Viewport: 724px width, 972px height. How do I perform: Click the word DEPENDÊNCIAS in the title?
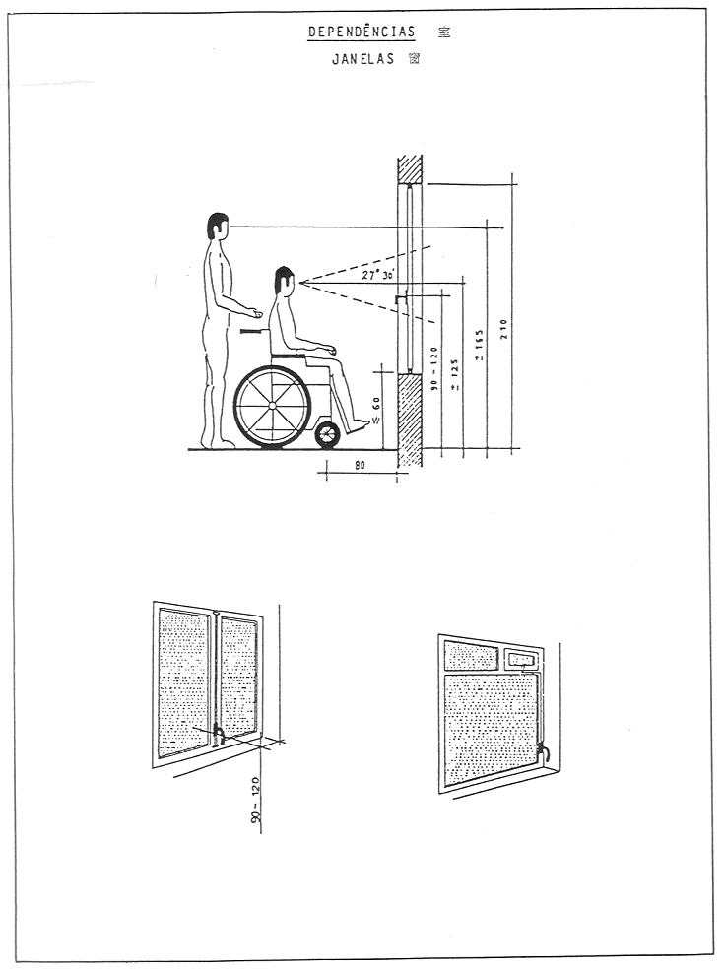tap(360, 32)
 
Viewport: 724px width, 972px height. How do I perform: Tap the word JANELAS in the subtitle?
tap(362, 59)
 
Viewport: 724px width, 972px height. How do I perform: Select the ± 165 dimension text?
tap(480, 345)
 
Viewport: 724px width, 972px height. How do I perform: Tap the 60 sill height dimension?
tap(376, 404)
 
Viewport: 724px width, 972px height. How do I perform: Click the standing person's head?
tap(218, 227)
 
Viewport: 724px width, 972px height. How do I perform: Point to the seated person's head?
tap(285, 280)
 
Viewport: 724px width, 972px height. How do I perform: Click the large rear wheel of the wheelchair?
tap(272, 406)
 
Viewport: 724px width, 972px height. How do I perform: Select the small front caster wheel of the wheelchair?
tap(327, 434)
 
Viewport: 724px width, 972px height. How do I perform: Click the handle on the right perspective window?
tap(541, 754)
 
